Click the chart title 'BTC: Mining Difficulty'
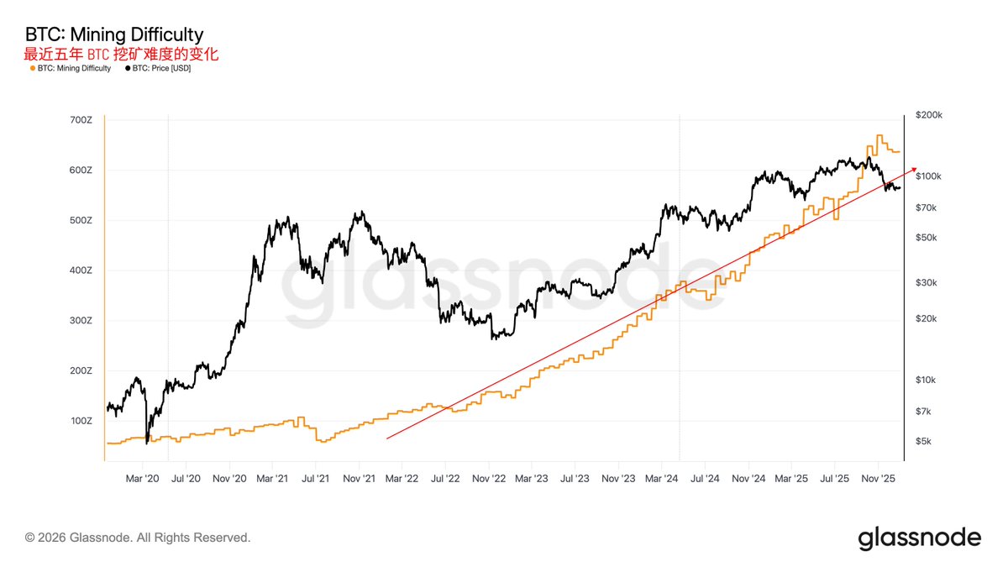[113, 35]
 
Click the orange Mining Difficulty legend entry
[70, 68]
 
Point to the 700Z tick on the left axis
[81, 120]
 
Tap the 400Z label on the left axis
[81, 270]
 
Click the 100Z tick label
[81, 421]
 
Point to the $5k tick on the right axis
[924, 442]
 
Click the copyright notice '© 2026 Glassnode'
[138, 537]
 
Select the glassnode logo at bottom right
[919, 538]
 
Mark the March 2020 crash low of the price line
[147, 442]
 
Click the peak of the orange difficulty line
[879, 135]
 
